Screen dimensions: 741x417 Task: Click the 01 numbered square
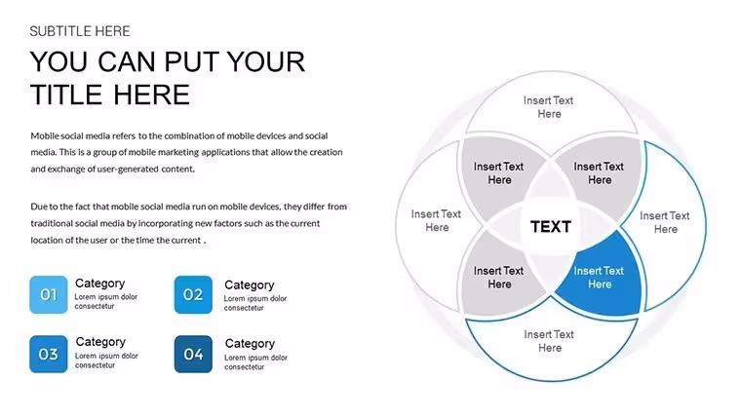point(48,294)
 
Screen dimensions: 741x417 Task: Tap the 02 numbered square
point(193,294)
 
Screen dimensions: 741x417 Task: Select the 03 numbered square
point(48,355)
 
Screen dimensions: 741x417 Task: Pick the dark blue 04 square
point(193,355)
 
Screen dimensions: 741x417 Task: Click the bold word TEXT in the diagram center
point(551,227)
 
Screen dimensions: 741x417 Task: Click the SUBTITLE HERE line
point(80,31)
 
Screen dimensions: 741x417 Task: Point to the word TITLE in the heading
point(66,95)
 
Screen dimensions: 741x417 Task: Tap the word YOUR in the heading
point(266,61)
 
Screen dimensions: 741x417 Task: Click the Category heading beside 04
point(250,343)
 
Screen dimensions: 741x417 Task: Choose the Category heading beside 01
point(100,283)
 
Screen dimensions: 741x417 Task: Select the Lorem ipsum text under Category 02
point(255,303)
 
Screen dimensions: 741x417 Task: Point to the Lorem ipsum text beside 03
point(106,360)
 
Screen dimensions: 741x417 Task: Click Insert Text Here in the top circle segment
point(549,107)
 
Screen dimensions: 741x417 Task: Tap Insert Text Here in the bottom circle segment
point(549,341)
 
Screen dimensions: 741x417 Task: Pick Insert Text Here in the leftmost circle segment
point(436,220)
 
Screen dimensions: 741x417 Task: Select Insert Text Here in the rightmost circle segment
point(665,222)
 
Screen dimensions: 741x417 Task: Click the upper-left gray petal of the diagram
point(496,173)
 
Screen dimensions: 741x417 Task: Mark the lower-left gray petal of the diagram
point(497,278)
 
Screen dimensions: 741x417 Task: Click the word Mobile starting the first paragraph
point(45,136)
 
